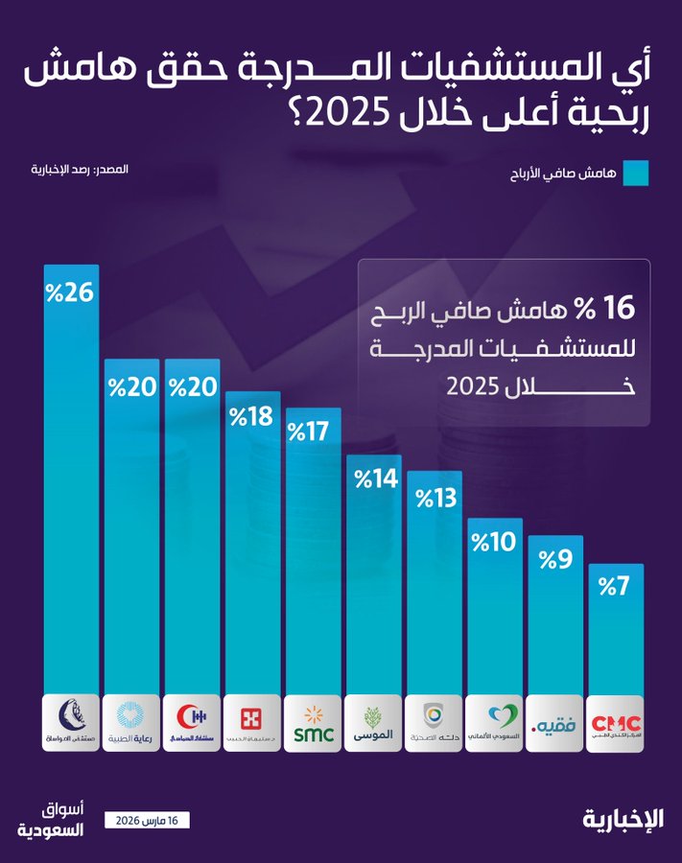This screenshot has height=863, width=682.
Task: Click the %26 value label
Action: [x=71, y=292]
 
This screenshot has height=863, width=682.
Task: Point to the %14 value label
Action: [x=373, y=478]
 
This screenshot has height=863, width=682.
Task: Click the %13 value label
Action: [x=434, y=499]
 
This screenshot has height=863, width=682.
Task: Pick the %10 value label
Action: [x=494, y=543]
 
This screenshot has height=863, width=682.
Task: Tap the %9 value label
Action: [x=555, y=559]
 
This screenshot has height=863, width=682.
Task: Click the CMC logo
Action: [x=615, y=722]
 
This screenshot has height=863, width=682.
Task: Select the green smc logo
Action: [x=313, y=723]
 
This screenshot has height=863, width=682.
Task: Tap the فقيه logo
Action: [x=554, y=723]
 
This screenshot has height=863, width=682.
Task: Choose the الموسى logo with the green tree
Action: [x=373, y=723]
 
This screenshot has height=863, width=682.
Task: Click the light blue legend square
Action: [x=636, y=174]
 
